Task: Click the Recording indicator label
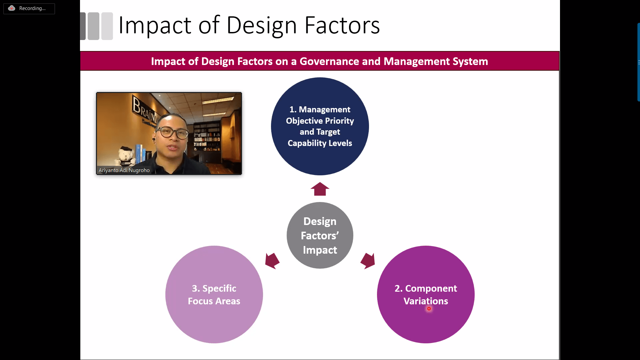pyautogui.click(x=32, y=8)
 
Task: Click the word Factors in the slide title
pyautogui.click(x=342, y=25)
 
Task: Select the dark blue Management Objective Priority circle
pyautogui.click(x=320, y=126)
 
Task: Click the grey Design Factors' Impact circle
pyautogui.click(x=320, y=235)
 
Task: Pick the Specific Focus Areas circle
pyautogui.click(x=214, y=294)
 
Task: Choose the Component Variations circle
pyautogui.click(x=426, y=294)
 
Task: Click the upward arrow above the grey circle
pyautogui.click(x=320, y=189)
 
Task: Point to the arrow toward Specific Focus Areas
pyautogui.click(x=272, y=261)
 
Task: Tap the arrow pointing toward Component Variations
pyautogui.click(x=368, y=261)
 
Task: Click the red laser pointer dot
pyautogui.click(x=429, y=309)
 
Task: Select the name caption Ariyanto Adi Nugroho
pyautogui.click(x=124, y=170)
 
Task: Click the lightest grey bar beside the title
pyautogui.click(x=107, y=26)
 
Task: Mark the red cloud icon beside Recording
pyautogui.click(x=12, y=8)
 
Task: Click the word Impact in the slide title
pyautogui.click(x=155, y=25)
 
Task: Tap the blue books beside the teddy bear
pyautogui.click(x=140, y=153)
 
